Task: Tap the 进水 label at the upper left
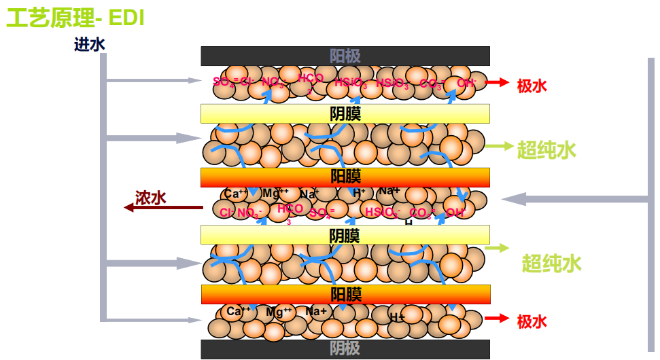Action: pyautogui.click(x=90, y=45)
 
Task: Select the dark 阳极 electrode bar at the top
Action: pyautogui.click(x=345, y=56)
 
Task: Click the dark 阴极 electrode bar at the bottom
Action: pyautogui.click(x=345, y=349)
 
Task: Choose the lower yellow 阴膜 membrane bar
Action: pyautogui.click(x=345, y=235)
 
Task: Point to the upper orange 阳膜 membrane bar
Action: pyautogui.click(x=345, y=177)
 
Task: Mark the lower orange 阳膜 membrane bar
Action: pyautogui.click(x=345, y=294)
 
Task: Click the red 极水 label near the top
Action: pyautogui.click(x=532, y=86)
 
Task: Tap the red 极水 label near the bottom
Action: pyautogui.click(x=532, y=321)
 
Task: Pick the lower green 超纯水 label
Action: pyautogui.click(x=551, y=263)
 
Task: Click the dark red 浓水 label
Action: pyautogui.click(x=151, y=198)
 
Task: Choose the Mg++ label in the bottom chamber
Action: pyautogui.click(x=279, y=312)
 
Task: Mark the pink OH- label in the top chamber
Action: pyautogui.click(x=466, y=83)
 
